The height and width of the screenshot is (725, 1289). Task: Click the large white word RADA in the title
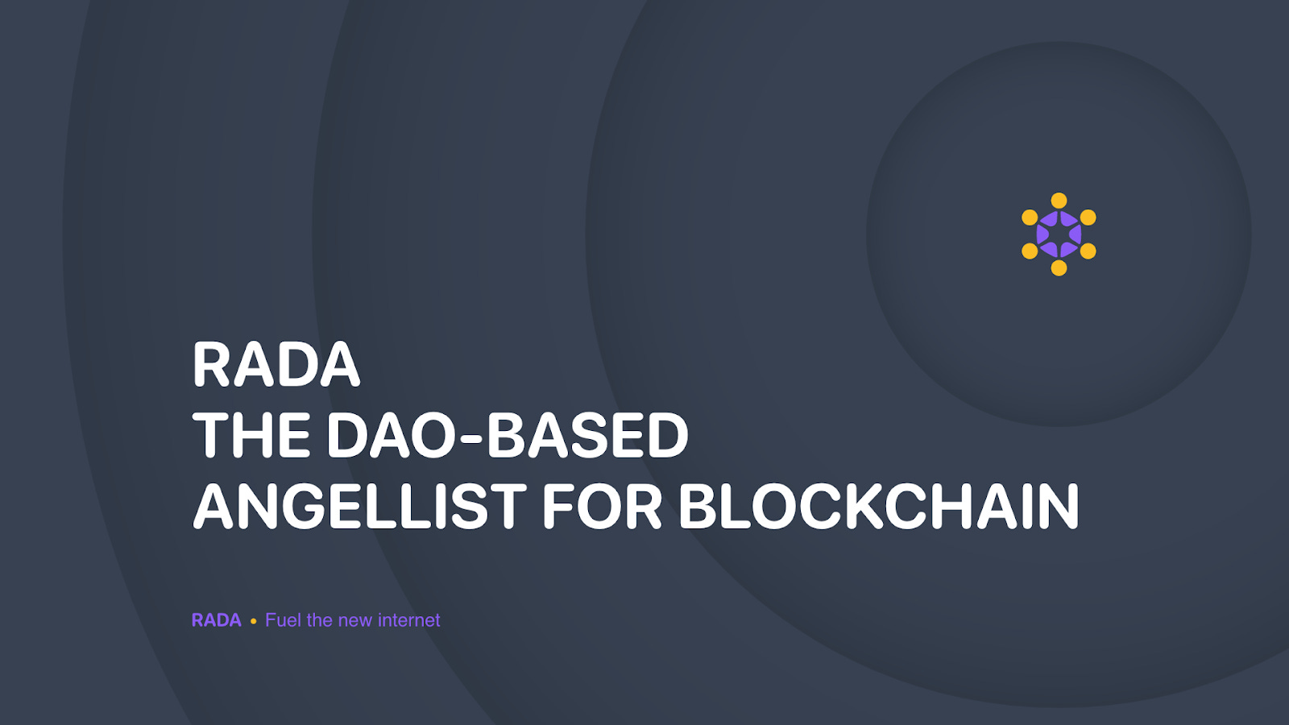pos(276,365)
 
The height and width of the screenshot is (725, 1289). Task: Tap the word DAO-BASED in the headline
pos(507,436)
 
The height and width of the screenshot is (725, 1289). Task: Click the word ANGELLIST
pos(359,507)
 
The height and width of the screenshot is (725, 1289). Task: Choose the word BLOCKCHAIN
pos(878,507)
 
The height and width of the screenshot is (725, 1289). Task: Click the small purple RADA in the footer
pos(216,620)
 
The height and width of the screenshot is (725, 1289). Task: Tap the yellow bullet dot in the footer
pos(254,621)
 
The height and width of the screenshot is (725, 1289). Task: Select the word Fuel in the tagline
pos(283,620)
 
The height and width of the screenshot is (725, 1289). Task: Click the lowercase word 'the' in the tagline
pos(319,620)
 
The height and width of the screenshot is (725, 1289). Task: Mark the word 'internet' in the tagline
pos(409,620)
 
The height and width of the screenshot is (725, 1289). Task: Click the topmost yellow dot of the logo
pos(1059,201)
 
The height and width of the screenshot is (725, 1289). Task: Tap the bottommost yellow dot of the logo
pos(1059,267)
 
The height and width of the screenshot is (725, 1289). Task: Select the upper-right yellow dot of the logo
pos(1088,217)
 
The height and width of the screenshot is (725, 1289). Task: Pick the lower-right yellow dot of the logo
pos(1088,251)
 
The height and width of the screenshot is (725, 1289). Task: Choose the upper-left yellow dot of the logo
pos(1030,217)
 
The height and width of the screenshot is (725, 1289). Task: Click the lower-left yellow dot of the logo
pos(1030,251)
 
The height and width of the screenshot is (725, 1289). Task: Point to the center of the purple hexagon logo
pos(1059,234)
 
